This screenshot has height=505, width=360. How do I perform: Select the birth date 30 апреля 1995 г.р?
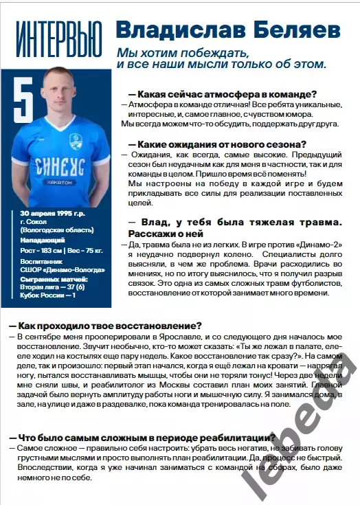coord(54,214)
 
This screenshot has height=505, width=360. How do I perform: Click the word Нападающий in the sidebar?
coord(43,240)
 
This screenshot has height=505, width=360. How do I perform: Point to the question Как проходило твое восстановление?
coord(107,325)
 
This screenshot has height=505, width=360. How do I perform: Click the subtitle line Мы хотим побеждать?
coord(181,53)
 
